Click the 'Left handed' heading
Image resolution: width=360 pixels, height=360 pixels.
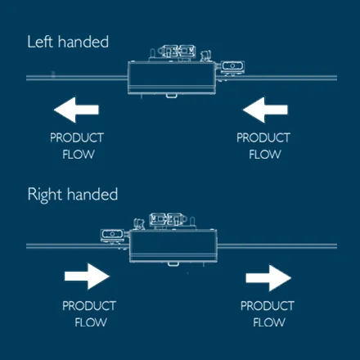coord(68,42)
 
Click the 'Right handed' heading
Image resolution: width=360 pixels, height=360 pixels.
coord(73,195)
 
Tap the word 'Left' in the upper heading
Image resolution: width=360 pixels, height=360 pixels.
coord(39,42)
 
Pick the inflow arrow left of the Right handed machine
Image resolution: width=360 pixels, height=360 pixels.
coord(88,277)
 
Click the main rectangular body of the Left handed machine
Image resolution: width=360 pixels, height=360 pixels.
coord(173,78)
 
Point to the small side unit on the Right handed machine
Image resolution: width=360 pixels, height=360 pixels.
coord(110,236)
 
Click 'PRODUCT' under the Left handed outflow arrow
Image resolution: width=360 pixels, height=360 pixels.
coord(77,137)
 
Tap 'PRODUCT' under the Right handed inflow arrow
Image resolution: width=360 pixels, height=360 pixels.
coord(90,305)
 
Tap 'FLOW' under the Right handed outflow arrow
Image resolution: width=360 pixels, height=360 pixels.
coord(269,322)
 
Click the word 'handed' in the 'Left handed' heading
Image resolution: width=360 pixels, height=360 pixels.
coord(82,42)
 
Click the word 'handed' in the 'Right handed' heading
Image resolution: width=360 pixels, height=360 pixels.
coord(92,195)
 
